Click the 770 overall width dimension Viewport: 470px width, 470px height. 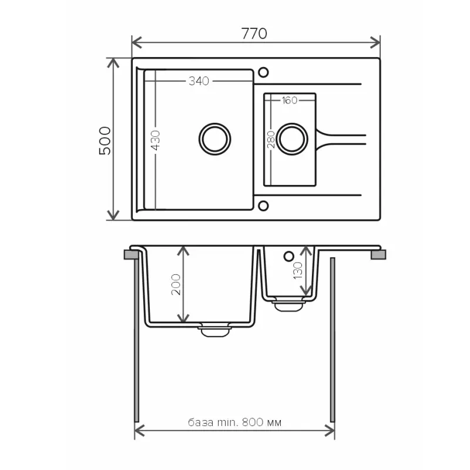[x=254, y=33]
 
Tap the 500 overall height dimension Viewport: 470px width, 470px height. [x=105, y=140]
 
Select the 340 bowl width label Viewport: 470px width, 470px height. [x=199, y=81]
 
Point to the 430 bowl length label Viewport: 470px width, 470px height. [x=156, y=140]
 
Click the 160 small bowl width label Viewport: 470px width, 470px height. [x=289, y=100]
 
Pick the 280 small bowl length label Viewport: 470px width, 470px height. [x=271, y=140]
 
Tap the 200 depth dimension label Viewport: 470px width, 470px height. [x=176, y=284]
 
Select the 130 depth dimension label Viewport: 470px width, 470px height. [x=298, y=270]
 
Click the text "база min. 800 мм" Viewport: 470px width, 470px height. [x=234, y=422]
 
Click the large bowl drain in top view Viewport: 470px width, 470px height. [x=214, y=139]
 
